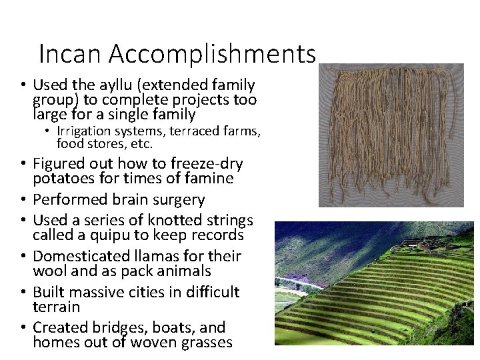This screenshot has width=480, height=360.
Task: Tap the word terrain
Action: (56, 307)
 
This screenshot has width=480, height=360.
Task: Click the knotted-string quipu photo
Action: (391, 135)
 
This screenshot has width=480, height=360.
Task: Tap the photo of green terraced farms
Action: (375, 283)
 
